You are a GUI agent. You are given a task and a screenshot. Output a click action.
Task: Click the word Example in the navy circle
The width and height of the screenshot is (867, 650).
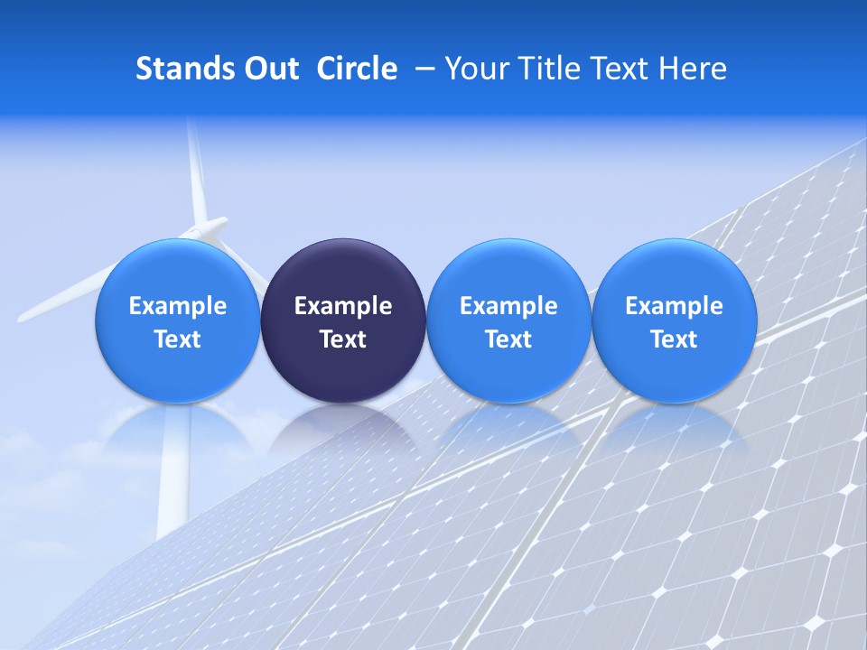(x=343, y=306)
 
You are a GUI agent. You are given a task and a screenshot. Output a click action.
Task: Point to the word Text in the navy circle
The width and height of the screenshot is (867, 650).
(x=343, y=339)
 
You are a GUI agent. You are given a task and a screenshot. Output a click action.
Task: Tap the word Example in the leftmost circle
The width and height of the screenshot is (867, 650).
(x=177, y=306)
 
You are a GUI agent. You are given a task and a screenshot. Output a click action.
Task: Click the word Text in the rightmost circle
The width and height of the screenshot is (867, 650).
(x=674, y=339)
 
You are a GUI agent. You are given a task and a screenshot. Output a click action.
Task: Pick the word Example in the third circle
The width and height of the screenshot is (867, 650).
(x=508, y=306)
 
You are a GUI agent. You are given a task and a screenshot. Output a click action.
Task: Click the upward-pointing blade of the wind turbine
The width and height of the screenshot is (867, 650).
(x=195, y=172)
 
